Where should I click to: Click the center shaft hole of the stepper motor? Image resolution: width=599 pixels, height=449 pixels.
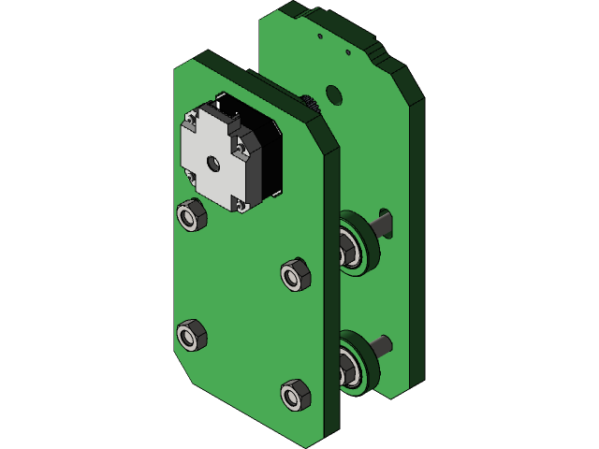(x=214, y=164)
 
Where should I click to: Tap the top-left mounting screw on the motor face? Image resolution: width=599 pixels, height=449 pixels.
(x=193, y=119)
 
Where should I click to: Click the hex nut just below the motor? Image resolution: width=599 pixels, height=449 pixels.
(x=191, y=216)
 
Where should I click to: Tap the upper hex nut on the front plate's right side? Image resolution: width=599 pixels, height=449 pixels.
(x=295, y=274)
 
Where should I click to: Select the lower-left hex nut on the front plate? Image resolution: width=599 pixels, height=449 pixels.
(x=191, y=334)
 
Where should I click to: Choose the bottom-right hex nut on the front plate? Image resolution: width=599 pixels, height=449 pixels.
(x=295, y=394)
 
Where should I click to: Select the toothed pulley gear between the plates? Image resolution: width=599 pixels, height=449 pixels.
(x=309, y=102)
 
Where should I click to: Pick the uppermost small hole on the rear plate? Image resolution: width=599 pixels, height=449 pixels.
(x=320, y=36)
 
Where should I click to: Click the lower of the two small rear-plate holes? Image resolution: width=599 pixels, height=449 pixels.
(x=350, y=53)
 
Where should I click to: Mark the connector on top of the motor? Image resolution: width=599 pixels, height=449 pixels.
(x=229, y=104)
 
